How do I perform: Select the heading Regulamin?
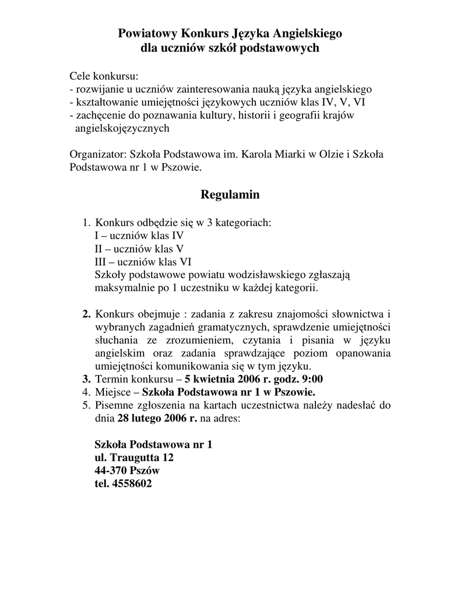[x=230, y=194]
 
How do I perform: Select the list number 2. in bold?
[x=86, y=315]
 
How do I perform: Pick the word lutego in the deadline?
[x=152, y=418]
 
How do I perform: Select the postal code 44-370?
[x=111, y=470]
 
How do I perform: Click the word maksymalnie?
[x=122, y=287]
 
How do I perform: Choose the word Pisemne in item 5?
[x=114, y=405]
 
